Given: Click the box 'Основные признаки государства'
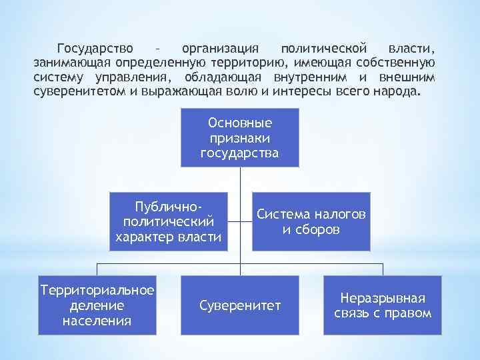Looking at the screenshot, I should click(x=239, y=138).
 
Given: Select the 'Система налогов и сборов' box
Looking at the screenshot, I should click(x=311, y=222).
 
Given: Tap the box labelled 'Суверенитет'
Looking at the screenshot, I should click(x=240, y=305).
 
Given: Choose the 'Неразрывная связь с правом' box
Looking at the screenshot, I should click(x=382, y=305).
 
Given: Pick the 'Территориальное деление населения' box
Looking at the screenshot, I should click(x=97, y=305).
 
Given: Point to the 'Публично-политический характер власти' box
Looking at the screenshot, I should click(x=168, y=222).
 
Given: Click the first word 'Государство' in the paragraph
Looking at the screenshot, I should click(x=95, y=49).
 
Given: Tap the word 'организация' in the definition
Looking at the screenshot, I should click(x=219, y=49).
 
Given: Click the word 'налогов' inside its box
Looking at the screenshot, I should click(x=339, y=215).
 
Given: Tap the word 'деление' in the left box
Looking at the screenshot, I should click(x=97, y=305).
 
